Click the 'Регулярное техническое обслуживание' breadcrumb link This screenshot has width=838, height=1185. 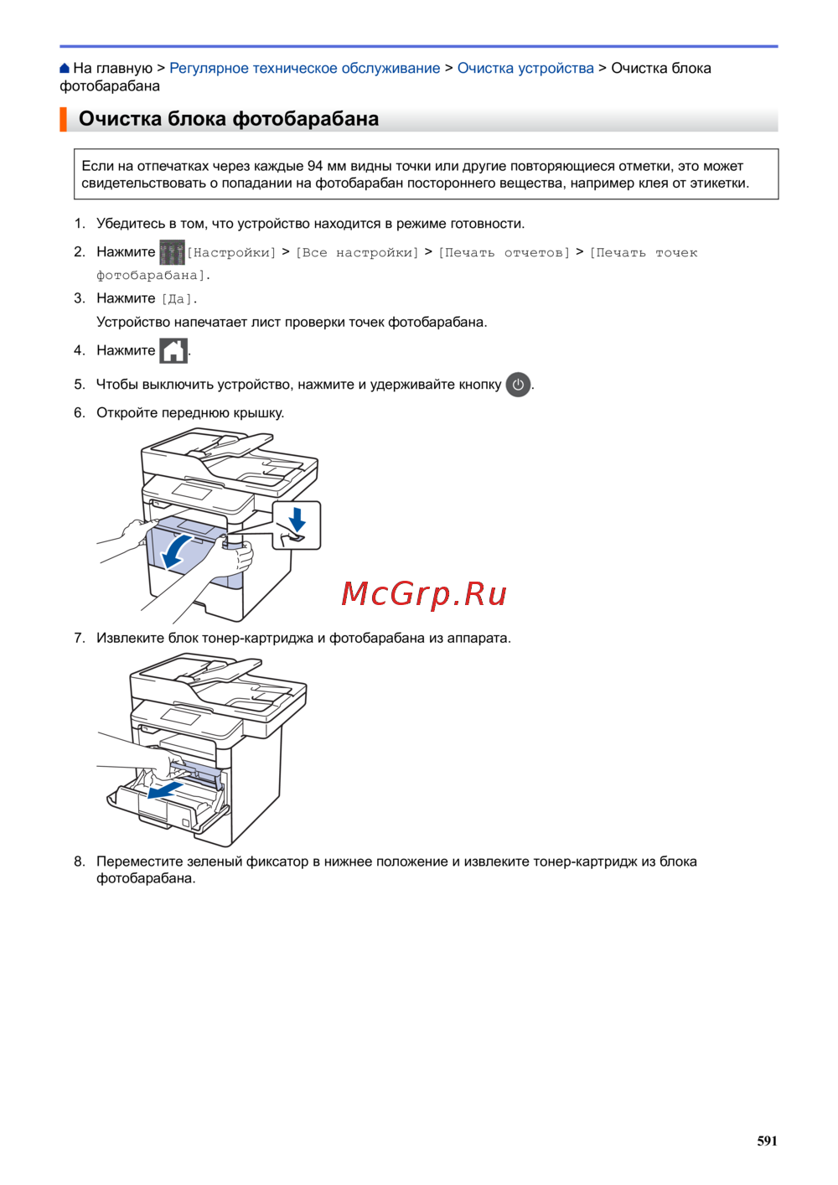coord(305,68)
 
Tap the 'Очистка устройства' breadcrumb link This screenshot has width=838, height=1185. coord(525,68)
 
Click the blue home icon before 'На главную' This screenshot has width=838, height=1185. coord(65,68)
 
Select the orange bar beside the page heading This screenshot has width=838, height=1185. coord(63,119)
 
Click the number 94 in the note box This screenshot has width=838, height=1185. coord(315,166)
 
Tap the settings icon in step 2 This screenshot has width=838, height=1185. coord(172,252)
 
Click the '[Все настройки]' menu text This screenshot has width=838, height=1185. coord(357,253)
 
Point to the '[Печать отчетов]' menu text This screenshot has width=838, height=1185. coord(504,253)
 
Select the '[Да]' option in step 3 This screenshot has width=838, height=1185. coord(176,299)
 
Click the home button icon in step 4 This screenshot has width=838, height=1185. coord(173,351)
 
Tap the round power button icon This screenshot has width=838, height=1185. coord(518,385)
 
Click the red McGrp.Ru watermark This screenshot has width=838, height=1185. coord(424,593)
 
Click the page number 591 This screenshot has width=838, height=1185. coord(767,1141)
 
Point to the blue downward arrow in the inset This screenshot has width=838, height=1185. coord(297,519)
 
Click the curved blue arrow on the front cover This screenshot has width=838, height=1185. coord(176,551)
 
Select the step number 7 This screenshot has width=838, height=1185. coord(80,638)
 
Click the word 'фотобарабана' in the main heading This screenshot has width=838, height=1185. coord(306,119)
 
